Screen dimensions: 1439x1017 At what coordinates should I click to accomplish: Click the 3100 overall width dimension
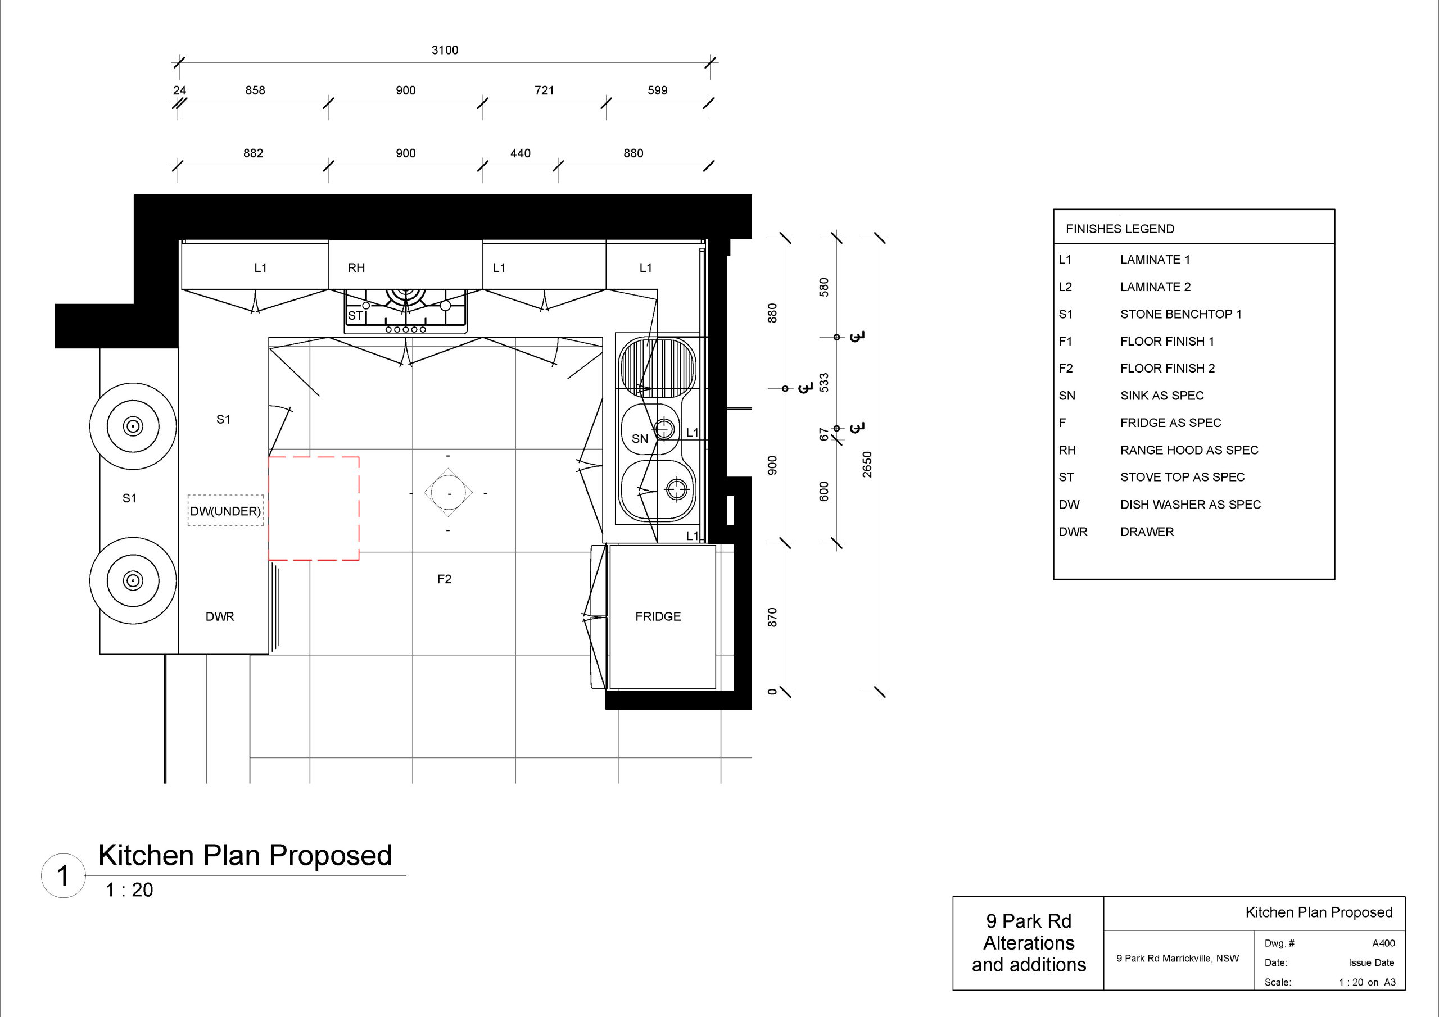pos(445,50)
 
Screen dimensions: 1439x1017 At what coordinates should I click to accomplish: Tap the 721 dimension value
pos(544,90)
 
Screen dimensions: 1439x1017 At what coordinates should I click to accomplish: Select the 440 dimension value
pos(520,153)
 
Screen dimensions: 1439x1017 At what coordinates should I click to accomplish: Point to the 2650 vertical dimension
pos(867,464)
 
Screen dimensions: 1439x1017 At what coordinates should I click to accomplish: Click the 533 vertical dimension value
pos(824,382)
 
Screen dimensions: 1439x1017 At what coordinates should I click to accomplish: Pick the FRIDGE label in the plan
pos(658,616)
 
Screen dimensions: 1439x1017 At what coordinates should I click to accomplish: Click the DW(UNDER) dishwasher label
pos(225,511)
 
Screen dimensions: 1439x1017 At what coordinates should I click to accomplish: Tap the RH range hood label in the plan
pos(356,268)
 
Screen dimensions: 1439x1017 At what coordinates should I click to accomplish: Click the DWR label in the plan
pos(220,616)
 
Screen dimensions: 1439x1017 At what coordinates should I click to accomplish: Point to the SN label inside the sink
pos(640,439)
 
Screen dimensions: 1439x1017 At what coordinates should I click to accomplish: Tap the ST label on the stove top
pos(355,316)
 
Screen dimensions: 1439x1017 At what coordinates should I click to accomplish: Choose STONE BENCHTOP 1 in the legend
pos(1181,314)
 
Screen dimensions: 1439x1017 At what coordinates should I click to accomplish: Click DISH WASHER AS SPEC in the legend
pos(1191,505)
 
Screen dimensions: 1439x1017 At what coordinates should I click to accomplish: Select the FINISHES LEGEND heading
pos(1120,229)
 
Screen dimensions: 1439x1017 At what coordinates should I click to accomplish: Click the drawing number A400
pos(1384,943)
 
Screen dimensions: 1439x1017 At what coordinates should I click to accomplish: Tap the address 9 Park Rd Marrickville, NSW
pos(1178,958)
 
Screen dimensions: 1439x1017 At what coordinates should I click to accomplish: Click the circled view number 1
pos(62,875)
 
